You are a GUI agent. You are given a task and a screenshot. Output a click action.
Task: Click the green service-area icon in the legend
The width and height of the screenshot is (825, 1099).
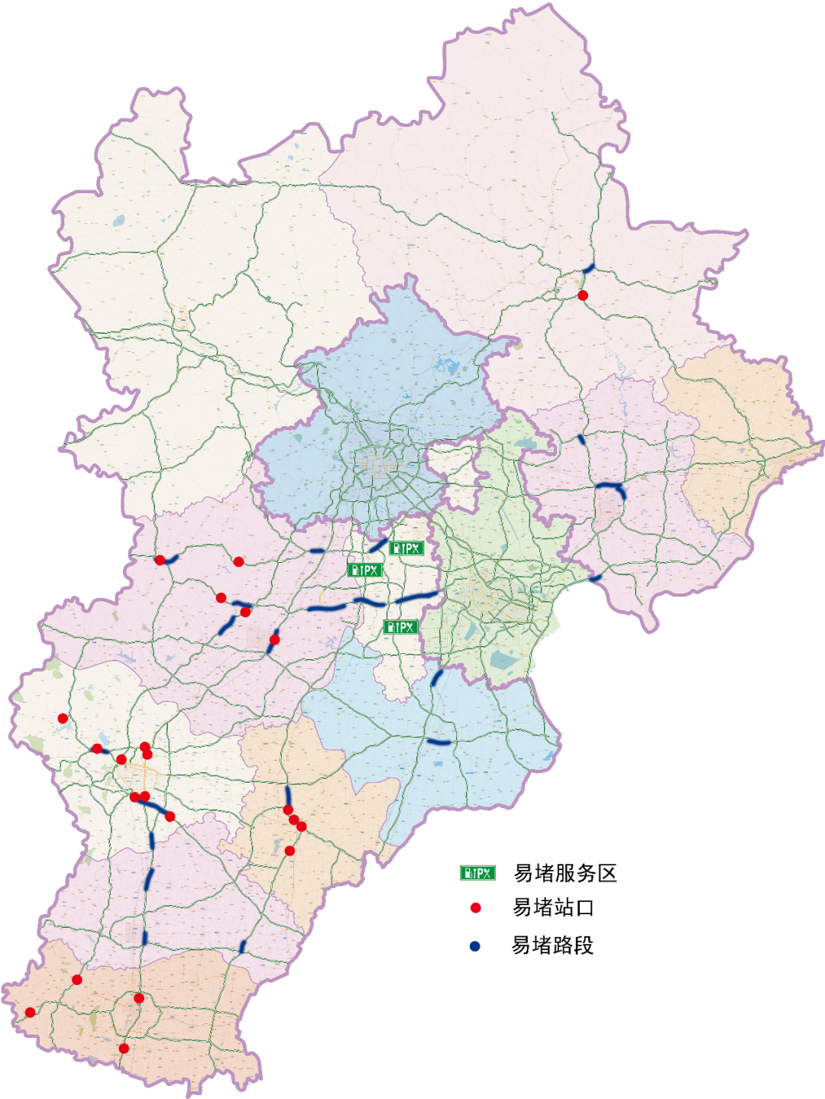[x=477, y=873]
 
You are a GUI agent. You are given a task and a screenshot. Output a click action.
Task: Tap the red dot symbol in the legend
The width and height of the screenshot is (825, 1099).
[x=475, y=908]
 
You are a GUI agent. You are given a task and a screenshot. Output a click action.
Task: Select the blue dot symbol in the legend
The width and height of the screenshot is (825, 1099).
[x=475, y=946]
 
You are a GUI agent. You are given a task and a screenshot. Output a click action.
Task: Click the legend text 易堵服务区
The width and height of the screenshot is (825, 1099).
[x=565, y=873]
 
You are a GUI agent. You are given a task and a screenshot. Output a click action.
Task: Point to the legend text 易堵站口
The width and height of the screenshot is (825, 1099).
[x=553, y=908]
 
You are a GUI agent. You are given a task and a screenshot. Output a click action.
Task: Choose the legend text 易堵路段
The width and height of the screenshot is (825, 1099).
[x=552, y=945]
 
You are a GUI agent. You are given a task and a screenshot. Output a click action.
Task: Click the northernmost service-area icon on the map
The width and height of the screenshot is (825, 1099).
[x=406, y=548]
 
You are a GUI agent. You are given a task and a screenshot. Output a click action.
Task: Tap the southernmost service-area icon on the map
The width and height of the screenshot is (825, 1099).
[x=400, y=627]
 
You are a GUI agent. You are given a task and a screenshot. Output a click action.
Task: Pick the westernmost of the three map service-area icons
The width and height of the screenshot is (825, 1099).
[x=364, y=571]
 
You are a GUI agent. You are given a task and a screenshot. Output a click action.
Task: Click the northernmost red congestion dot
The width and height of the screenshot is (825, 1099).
[x=583, y=296]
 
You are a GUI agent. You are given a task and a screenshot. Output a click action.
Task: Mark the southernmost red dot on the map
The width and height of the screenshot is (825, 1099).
[x=124, y=1049]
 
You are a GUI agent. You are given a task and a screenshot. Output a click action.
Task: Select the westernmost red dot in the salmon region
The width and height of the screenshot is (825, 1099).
[x=30, y=1013]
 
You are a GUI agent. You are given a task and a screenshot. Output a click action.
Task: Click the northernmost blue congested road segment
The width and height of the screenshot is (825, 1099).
[x=588, y=269]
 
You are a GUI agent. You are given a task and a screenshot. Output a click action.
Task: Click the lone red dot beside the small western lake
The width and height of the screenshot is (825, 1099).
[x=63, y=719]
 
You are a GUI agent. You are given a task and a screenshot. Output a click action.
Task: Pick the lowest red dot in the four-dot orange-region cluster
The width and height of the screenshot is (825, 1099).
[x=290, y=851]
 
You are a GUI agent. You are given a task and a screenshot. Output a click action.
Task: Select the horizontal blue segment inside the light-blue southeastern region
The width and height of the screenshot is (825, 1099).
[x=438, y=742]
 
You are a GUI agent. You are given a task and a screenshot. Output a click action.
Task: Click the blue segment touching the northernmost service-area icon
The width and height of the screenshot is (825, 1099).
[x=378, y=545]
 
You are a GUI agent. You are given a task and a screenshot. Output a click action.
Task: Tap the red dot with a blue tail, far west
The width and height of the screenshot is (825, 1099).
[x=160, y=561]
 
